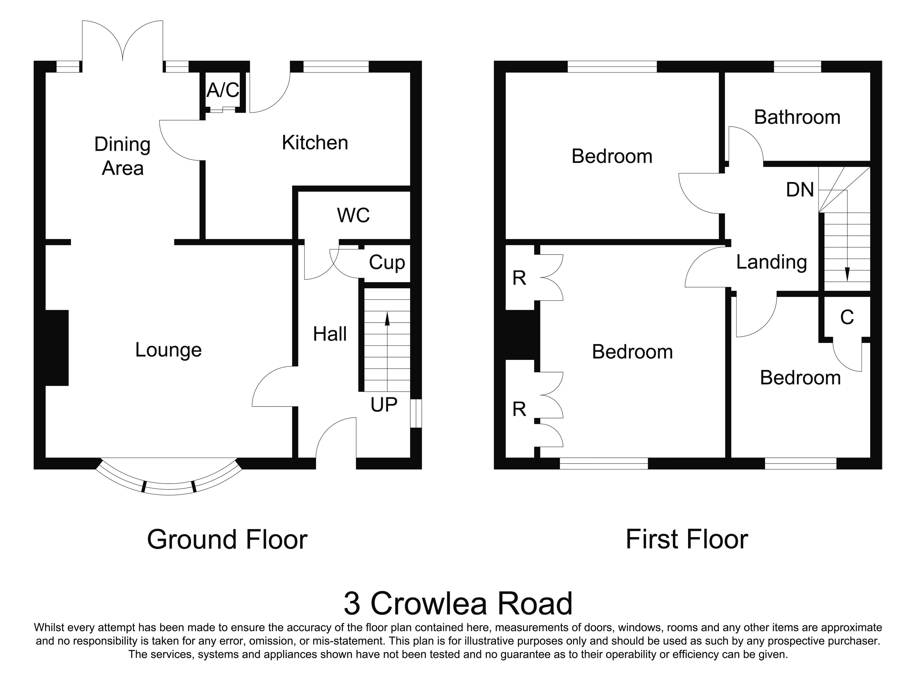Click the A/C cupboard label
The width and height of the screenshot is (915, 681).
(x=223, y=90)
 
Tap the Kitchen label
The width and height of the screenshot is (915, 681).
(x=315, y=143)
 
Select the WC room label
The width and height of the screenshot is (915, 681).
(x=353, y=215)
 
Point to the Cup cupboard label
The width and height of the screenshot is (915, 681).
(x=387, y=263)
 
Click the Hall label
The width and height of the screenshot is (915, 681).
(x=330, y=334)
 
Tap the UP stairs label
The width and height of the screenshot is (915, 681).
(x=384, y=405)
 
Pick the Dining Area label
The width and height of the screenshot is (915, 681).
(x=122, y=156)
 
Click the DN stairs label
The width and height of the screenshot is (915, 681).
(x=800, y=190)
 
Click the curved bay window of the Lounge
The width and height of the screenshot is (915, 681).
(x=169, y=487)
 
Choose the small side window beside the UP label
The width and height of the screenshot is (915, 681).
(x=416, y=413)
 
